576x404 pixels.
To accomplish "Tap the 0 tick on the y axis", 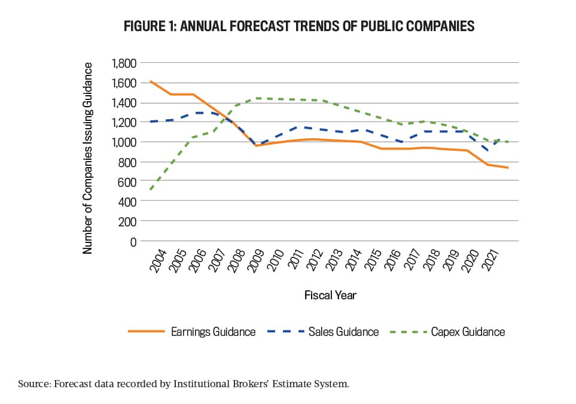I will pyautogui.click(x=133, y=241).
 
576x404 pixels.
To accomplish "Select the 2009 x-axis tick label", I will pyautogui.click(x=256, y=259).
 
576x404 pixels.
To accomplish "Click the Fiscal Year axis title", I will pyautogui.click(x=330, y=295).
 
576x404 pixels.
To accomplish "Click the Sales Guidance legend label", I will pyautogui.click(x=343, y=332).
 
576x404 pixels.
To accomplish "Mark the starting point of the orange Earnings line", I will pyautogui.click(x=150, y=81).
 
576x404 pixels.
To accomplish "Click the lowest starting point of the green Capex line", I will pyautogui.click(x=150, y=190).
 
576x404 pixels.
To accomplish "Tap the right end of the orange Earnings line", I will pyautogui.click(x=508, y=168).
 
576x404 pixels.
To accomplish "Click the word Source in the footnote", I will pyautogui.click(x=35, y=383).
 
